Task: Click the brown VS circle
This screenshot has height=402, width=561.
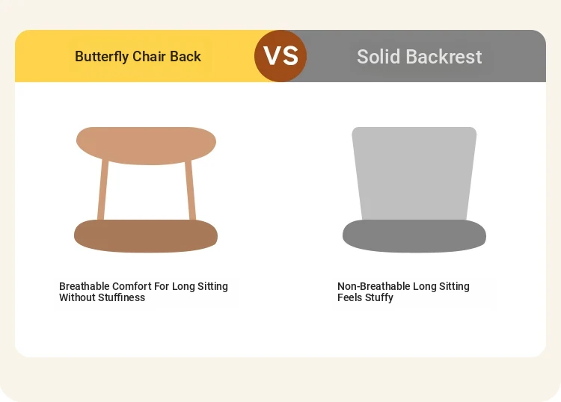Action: (280, 56)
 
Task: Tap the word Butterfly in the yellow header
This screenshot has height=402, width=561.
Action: (102, 57)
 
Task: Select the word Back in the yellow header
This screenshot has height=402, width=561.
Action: (186, 56)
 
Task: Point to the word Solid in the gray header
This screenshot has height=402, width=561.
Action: (378, 57)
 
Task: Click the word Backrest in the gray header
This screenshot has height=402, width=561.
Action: (444, 57)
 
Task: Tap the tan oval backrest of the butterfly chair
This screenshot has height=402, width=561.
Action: (146, 146)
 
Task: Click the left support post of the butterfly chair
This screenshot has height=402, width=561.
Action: (102, 190)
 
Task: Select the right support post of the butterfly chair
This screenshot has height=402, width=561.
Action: (190, 190)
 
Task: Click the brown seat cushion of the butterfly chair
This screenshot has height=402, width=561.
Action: (146, 236)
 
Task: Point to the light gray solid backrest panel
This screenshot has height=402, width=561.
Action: (414, 173)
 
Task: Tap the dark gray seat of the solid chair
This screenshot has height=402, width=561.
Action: (414, 236)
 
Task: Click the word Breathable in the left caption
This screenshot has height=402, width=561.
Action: (84, 286)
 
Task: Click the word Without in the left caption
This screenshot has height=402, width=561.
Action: (77, 297)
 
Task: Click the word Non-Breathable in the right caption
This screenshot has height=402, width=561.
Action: (374, 286)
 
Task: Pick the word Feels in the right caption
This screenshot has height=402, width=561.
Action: (350, 297)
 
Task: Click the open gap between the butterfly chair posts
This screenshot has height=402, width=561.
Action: (147, 192)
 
